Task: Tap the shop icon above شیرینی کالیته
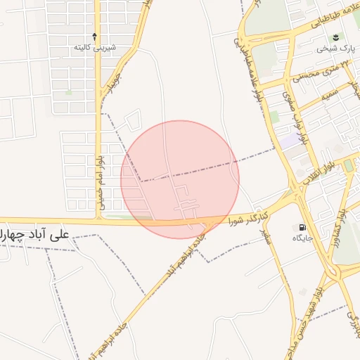96,36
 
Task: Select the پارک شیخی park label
333,49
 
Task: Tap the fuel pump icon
302,227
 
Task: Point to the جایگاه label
303,239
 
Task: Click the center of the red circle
180,179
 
